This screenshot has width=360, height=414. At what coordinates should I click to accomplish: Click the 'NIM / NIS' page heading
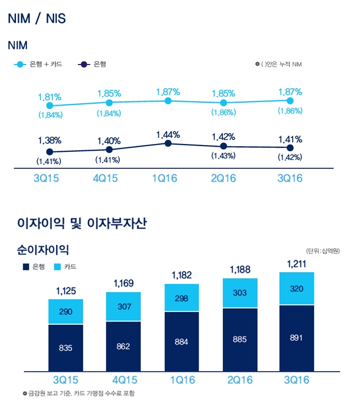coord(37,19)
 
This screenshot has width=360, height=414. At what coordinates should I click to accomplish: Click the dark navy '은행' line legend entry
coord(92,65)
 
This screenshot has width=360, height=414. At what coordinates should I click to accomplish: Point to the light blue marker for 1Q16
coord(168,101)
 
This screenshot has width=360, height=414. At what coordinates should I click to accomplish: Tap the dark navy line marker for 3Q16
coord(290,148)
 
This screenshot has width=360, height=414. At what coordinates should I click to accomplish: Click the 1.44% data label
coord(168,135)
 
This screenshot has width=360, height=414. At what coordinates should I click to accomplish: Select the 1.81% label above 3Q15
coord(50,97)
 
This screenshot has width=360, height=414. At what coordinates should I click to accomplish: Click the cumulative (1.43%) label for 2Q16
coord(223,156)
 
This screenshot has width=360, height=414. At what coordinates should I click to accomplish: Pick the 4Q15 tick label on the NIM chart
coord(108,179)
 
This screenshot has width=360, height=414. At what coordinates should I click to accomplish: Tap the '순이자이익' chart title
coord(43,250)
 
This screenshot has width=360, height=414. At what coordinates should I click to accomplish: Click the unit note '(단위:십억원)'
coord(322,251)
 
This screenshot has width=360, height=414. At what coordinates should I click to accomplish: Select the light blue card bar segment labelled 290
coord(66,312)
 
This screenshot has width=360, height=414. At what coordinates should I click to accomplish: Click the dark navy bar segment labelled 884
coord(181,341)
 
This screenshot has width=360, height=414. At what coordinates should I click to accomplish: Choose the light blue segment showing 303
coord(239,293)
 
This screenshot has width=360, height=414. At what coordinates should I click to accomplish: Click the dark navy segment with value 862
coord(123,346)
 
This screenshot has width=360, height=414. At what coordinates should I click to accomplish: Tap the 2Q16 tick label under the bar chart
coord(239,380)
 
